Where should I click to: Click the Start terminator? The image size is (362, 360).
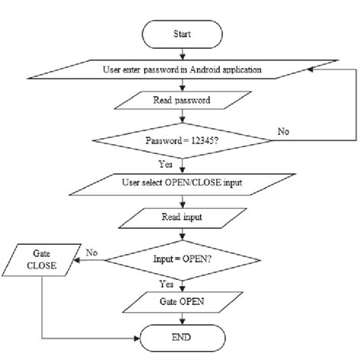pyautogui.click(x=181, y=34)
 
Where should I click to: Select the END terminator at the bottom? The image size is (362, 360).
pyautogui.click(x=181, y=336)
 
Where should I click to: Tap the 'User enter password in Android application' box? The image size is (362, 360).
pyautogui.click(x=181, y=69)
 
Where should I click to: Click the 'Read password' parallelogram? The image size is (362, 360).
pyautogui.click(x=181, y=99)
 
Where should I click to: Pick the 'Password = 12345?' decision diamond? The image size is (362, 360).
pyautogui.click(x=181, y=140)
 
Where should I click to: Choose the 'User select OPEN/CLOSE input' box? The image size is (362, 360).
pyautogui.click(x=181, y=184)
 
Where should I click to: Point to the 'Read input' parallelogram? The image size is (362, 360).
pyautogui.click(x=181, y=217)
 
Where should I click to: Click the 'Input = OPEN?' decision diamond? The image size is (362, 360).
pyautogui.click(x=181, y=259)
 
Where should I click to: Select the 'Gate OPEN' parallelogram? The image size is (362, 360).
pyautogui.click(x=181, y=303)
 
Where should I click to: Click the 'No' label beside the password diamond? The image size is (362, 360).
pyautogui.click(x=283, y=131)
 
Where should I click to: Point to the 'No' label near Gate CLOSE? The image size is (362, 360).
pyautogui.click(x=92, y=251)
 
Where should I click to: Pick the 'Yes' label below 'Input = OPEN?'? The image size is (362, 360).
pyautogui.click(x=166, y=282)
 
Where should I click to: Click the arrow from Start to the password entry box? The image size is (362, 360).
pyautogui.click(x=181, y=53)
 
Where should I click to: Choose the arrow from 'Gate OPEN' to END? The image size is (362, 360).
pyautogui.click(x=181, y=319)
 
